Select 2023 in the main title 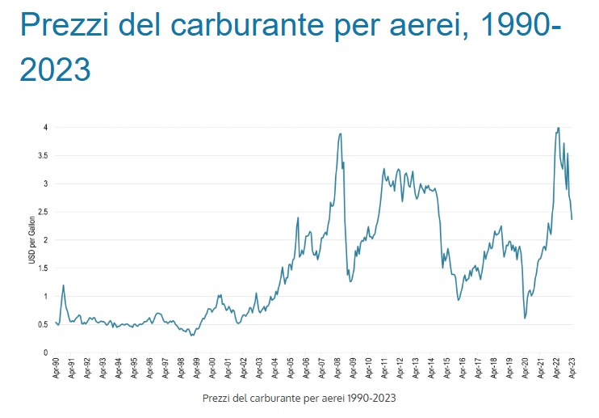[54, 70]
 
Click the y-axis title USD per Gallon [32, 240]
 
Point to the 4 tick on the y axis [45, 128]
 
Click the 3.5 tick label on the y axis [43, 155]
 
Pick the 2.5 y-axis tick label [43, 212]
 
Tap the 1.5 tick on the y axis [43, 268]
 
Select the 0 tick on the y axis [45, 353]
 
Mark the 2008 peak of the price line [341, 133]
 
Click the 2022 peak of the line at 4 [558, 128]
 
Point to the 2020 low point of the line [525, 318]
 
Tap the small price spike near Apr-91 [63, 285]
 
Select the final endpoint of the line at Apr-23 [572, 219]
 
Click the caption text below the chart [299, 398]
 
